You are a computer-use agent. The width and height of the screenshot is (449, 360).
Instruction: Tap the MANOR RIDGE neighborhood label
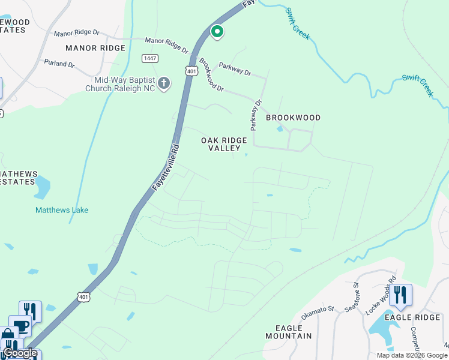pos(91,47)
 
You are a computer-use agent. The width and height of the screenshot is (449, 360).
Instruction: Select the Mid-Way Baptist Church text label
pos(124,84)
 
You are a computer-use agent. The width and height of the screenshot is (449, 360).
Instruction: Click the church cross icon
pos(164,83)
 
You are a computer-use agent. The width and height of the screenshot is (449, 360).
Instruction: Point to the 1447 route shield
pos(150,58)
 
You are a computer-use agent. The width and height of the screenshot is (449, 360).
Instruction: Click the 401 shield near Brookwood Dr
pos(191,71)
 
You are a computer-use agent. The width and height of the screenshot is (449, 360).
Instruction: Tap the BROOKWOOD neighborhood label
pos(293,118)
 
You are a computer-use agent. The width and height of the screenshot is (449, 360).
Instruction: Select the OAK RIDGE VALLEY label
pos(223,144)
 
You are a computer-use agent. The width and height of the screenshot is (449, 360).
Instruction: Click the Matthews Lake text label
pos(62,210)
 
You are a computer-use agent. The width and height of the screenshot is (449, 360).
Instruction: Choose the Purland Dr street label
pos(59,62)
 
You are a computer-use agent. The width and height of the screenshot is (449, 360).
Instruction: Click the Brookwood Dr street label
pos(211,75)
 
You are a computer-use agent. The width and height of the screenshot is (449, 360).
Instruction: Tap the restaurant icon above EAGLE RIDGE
pos(400,295)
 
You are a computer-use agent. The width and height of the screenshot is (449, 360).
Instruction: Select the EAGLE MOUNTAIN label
pos(293,332)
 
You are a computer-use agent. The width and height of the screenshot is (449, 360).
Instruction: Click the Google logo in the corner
pos(20,353)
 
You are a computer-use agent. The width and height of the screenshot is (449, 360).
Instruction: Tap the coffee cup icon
pos(21,326)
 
